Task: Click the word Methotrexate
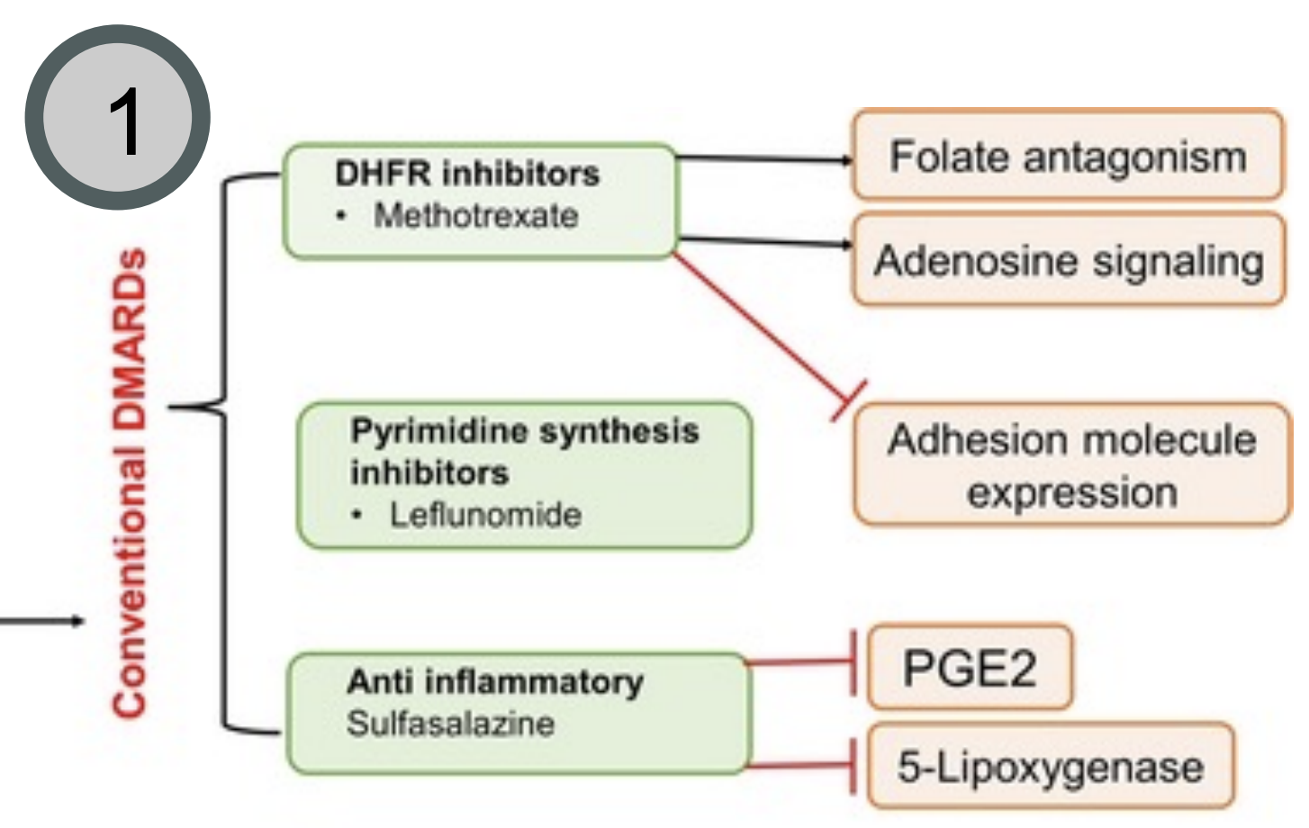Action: coord(475,216)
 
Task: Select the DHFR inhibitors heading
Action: coord(466,174)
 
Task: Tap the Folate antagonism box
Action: coord(1067,156)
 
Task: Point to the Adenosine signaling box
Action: coord(1069,261)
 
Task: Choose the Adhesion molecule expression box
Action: coord(1071,465)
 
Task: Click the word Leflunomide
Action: coord(484,515)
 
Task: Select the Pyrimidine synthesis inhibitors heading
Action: coord(524,450)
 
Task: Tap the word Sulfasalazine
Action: coord(450,724)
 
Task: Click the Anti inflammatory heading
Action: coord(495,681)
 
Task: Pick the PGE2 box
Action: coord(970,669)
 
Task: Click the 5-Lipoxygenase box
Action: coord(1050,767)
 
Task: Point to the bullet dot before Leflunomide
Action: coord(357,516)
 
